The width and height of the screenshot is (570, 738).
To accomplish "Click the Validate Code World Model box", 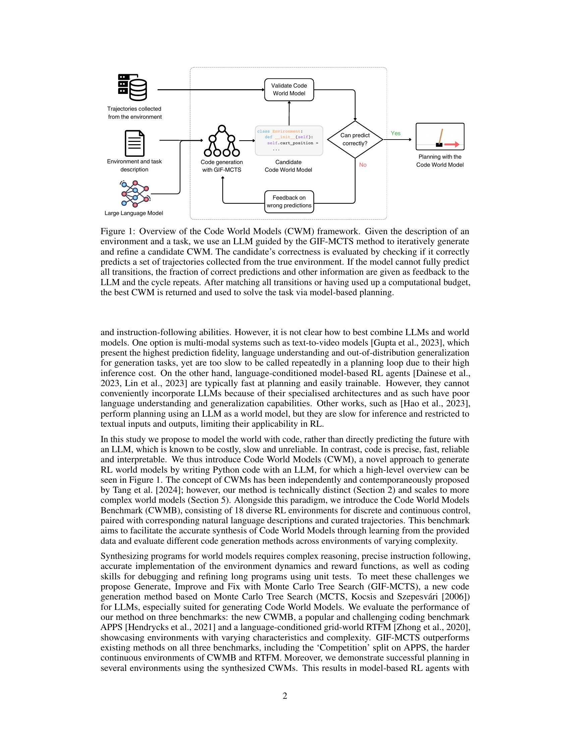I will (x=289, y=90).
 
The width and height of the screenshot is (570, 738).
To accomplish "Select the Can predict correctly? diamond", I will (x=355, y=139).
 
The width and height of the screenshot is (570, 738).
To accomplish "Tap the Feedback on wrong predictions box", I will (x=289, y=202).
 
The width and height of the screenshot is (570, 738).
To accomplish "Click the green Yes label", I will (x=395, y=133).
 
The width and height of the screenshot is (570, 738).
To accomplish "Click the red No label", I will (x=363, y=165).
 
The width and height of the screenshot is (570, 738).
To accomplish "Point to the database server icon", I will (x=132, y=87).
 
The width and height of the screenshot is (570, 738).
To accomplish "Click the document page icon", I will (x=134, y=143).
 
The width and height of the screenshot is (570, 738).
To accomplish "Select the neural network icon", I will (x=135, y=194).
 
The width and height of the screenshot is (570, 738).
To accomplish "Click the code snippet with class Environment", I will (x=289, y=140).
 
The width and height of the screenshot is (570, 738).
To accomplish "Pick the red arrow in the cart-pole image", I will (x=452, y=145).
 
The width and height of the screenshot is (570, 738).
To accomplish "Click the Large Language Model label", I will (x=134, y=213).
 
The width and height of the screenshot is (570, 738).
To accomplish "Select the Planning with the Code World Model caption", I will (x=440, y=161).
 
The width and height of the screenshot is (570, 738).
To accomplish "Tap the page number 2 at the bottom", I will (x=285, y=696).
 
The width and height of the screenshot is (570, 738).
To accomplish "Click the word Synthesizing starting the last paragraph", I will (x=123, y=556).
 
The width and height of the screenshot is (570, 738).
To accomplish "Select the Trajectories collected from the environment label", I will (x=134, y=113).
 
